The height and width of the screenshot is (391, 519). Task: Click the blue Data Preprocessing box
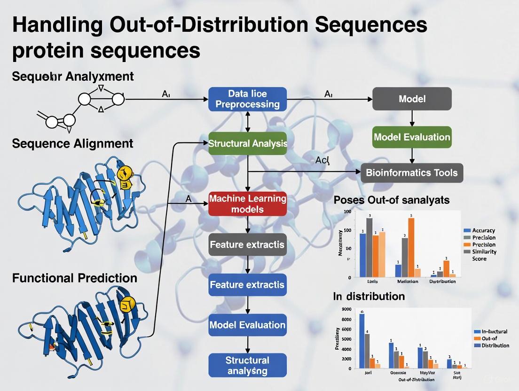coord(247,99)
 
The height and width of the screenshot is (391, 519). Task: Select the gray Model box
coord(412,99)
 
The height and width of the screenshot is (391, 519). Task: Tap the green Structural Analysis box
coord(247,143)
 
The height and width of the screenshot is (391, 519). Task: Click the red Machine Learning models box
coord(247,203)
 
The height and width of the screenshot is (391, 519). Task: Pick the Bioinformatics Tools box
coord(412,172)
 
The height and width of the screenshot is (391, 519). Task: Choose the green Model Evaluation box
coord(412,137)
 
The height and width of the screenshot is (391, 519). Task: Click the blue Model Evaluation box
coord(247,325)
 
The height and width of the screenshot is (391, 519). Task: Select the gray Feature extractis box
coord(247,244)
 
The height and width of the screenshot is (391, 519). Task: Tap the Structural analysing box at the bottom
coord(247,365)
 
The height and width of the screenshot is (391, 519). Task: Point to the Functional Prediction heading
coord(75,278)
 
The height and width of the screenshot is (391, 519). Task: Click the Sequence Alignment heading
coord(72,143)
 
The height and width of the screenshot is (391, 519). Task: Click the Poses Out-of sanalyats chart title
coord(391,200)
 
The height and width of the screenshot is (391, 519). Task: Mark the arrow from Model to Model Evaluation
coord(412,118)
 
